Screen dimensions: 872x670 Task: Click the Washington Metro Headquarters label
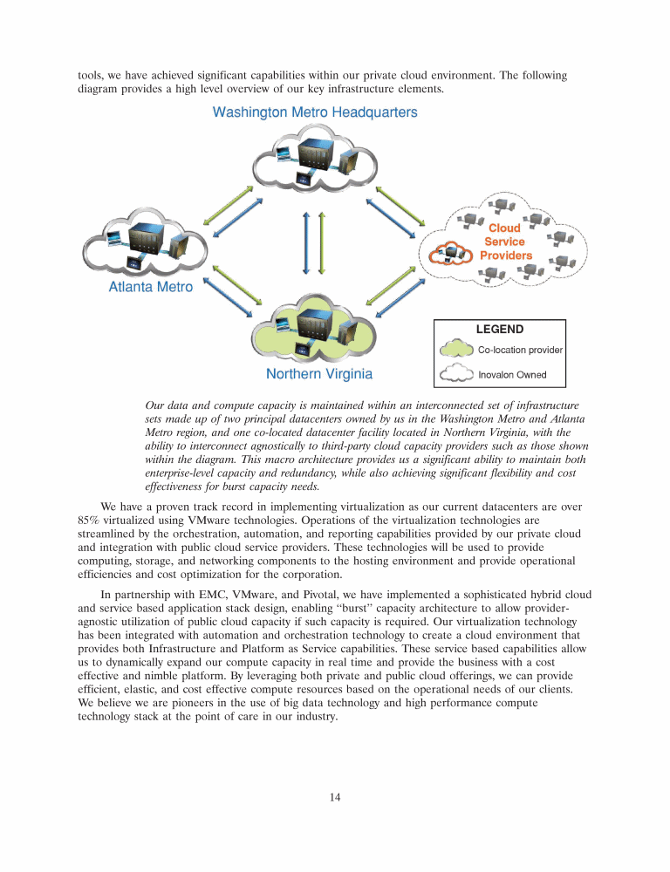(x=315, y=112)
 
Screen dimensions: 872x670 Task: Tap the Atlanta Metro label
(x=150, y=286)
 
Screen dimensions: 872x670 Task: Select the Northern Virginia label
(x=318, y=374)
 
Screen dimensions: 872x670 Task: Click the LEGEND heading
(x=499, y=330)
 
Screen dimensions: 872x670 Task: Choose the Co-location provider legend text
(x=520, y=350)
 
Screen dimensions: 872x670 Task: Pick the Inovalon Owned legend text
(x=512, y=375)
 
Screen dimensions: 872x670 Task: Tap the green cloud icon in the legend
(x=456, y=350)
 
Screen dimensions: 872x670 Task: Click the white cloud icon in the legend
(x=456, y=375)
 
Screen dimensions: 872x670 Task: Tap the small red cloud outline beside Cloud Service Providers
(x=450, y=251)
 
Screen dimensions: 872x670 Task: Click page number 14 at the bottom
(x=334, y=796)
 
